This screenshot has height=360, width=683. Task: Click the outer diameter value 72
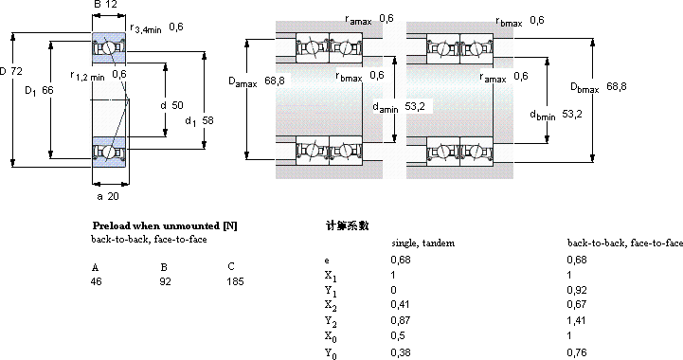(16, 71)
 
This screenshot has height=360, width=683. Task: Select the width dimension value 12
(112, 5)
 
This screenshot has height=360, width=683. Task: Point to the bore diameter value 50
(177, 105)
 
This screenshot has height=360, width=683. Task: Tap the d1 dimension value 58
(207, 120)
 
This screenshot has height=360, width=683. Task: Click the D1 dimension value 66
(47, 90)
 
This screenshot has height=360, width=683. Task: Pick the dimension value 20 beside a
(113, 196)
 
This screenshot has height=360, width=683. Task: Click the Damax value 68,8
(275, 81)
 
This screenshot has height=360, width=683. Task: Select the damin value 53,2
(415, 106)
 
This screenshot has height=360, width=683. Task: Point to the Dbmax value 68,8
(617, 87)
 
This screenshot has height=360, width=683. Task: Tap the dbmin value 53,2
(572, 115)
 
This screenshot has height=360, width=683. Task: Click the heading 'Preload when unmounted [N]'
(165, 225)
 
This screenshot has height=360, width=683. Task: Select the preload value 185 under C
(235, 281)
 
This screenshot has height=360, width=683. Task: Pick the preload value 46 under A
(97, 281)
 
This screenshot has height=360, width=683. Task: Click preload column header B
(164, 267)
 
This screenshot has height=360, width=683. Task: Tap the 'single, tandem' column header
(422, 243)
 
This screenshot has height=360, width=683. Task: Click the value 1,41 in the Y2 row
(576, 321)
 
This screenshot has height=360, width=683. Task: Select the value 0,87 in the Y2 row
(401, 321)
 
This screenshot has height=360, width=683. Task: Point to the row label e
(327, 261)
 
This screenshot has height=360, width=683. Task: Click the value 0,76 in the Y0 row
(576, 352)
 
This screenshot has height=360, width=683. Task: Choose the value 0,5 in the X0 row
(398, 335)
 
